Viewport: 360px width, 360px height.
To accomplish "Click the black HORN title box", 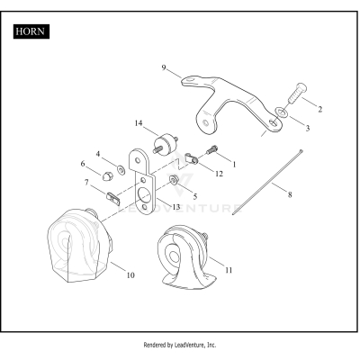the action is [31, 31].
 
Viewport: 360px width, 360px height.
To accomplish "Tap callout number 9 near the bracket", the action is [164, 67].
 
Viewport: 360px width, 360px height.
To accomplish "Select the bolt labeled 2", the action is [298, 93].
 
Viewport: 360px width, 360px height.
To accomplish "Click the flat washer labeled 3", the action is [283, 112].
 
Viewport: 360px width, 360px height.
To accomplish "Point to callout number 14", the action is [139, 123].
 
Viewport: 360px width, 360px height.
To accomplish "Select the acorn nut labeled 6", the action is [106, 176].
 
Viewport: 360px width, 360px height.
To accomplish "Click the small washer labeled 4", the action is [121, 170].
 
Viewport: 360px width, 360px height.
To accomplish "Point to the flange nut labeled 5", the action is [174, 180].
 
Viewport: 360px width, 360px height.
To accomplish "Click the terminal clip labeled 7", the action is [113, 198].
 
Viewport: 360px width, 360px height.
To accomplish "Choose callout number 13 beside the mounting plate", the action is [176, 207].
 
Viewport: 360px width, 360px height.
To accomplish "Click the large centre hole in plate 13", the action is [145, 195].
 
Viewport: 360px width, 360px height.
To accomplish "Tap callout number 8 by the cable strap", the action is [290, 194].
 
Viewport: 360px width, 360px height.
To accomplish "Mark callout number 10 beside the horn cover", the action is [130, 274].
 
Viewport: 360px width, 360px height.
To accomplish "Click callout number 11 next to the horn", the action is [229, 270].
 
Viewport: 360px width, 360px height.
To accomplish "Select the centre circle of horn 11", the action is [173, 256].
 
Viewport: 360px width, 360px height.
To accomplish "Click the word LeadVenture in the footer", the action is [191, 345].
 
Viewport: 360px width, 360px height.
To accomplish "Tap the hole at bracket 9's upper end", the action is [190, 79].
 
